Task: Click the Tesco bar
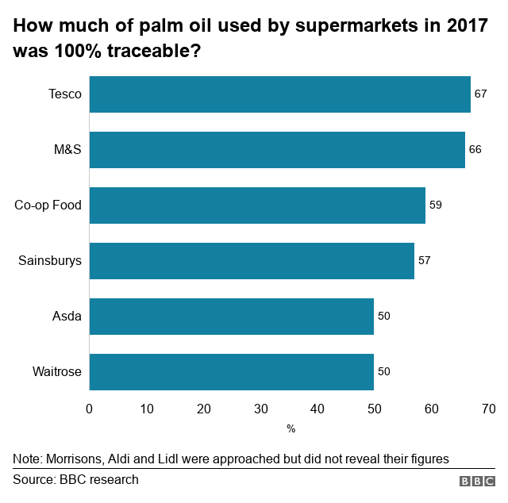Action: pyautogui.click(x=279, y=94)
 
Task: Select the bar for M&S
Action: pyautogui.click(x=277, y=149)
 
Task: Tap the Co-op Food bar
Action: pyautogui.click(x=257, y=205)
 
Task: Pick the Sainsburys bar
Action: pyautogui.click(x=252, y=260)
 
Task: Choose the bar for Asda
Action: pyautogui.click(x=231, y=316)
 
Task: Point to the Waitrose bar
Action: pyautogui.click(x=231, y=371)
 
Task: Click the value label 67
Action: pyautogui.click(x=480, y=94)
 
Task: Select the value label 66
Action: pyautogui.click(x=475, y=149)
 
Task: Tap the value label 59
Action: pyautogui.click(x=435, y=205)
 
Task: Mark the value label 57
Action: pyautogui.click(x=424, y=260)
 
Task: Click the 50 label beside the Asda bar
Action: pyautogui.click(x=384, y=316)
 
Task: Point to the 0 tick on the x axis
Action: pyautogui.click(x=89, y=409)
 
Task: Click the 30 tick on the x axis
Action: pyautogui.click(x=260, y=409)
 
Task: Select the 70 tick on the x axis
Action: pyautogui.click(x=488, y=409)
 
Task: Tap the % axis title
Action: pyautogui.click(x=291, y=428)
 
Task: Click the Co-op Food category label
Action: pyautogui.click(x=48, y=205)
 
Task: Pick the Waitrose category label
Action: pyautogui.click(x=56, y=371)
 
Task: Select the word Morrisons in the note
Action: pyautogui.click(x=73, y=459)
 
